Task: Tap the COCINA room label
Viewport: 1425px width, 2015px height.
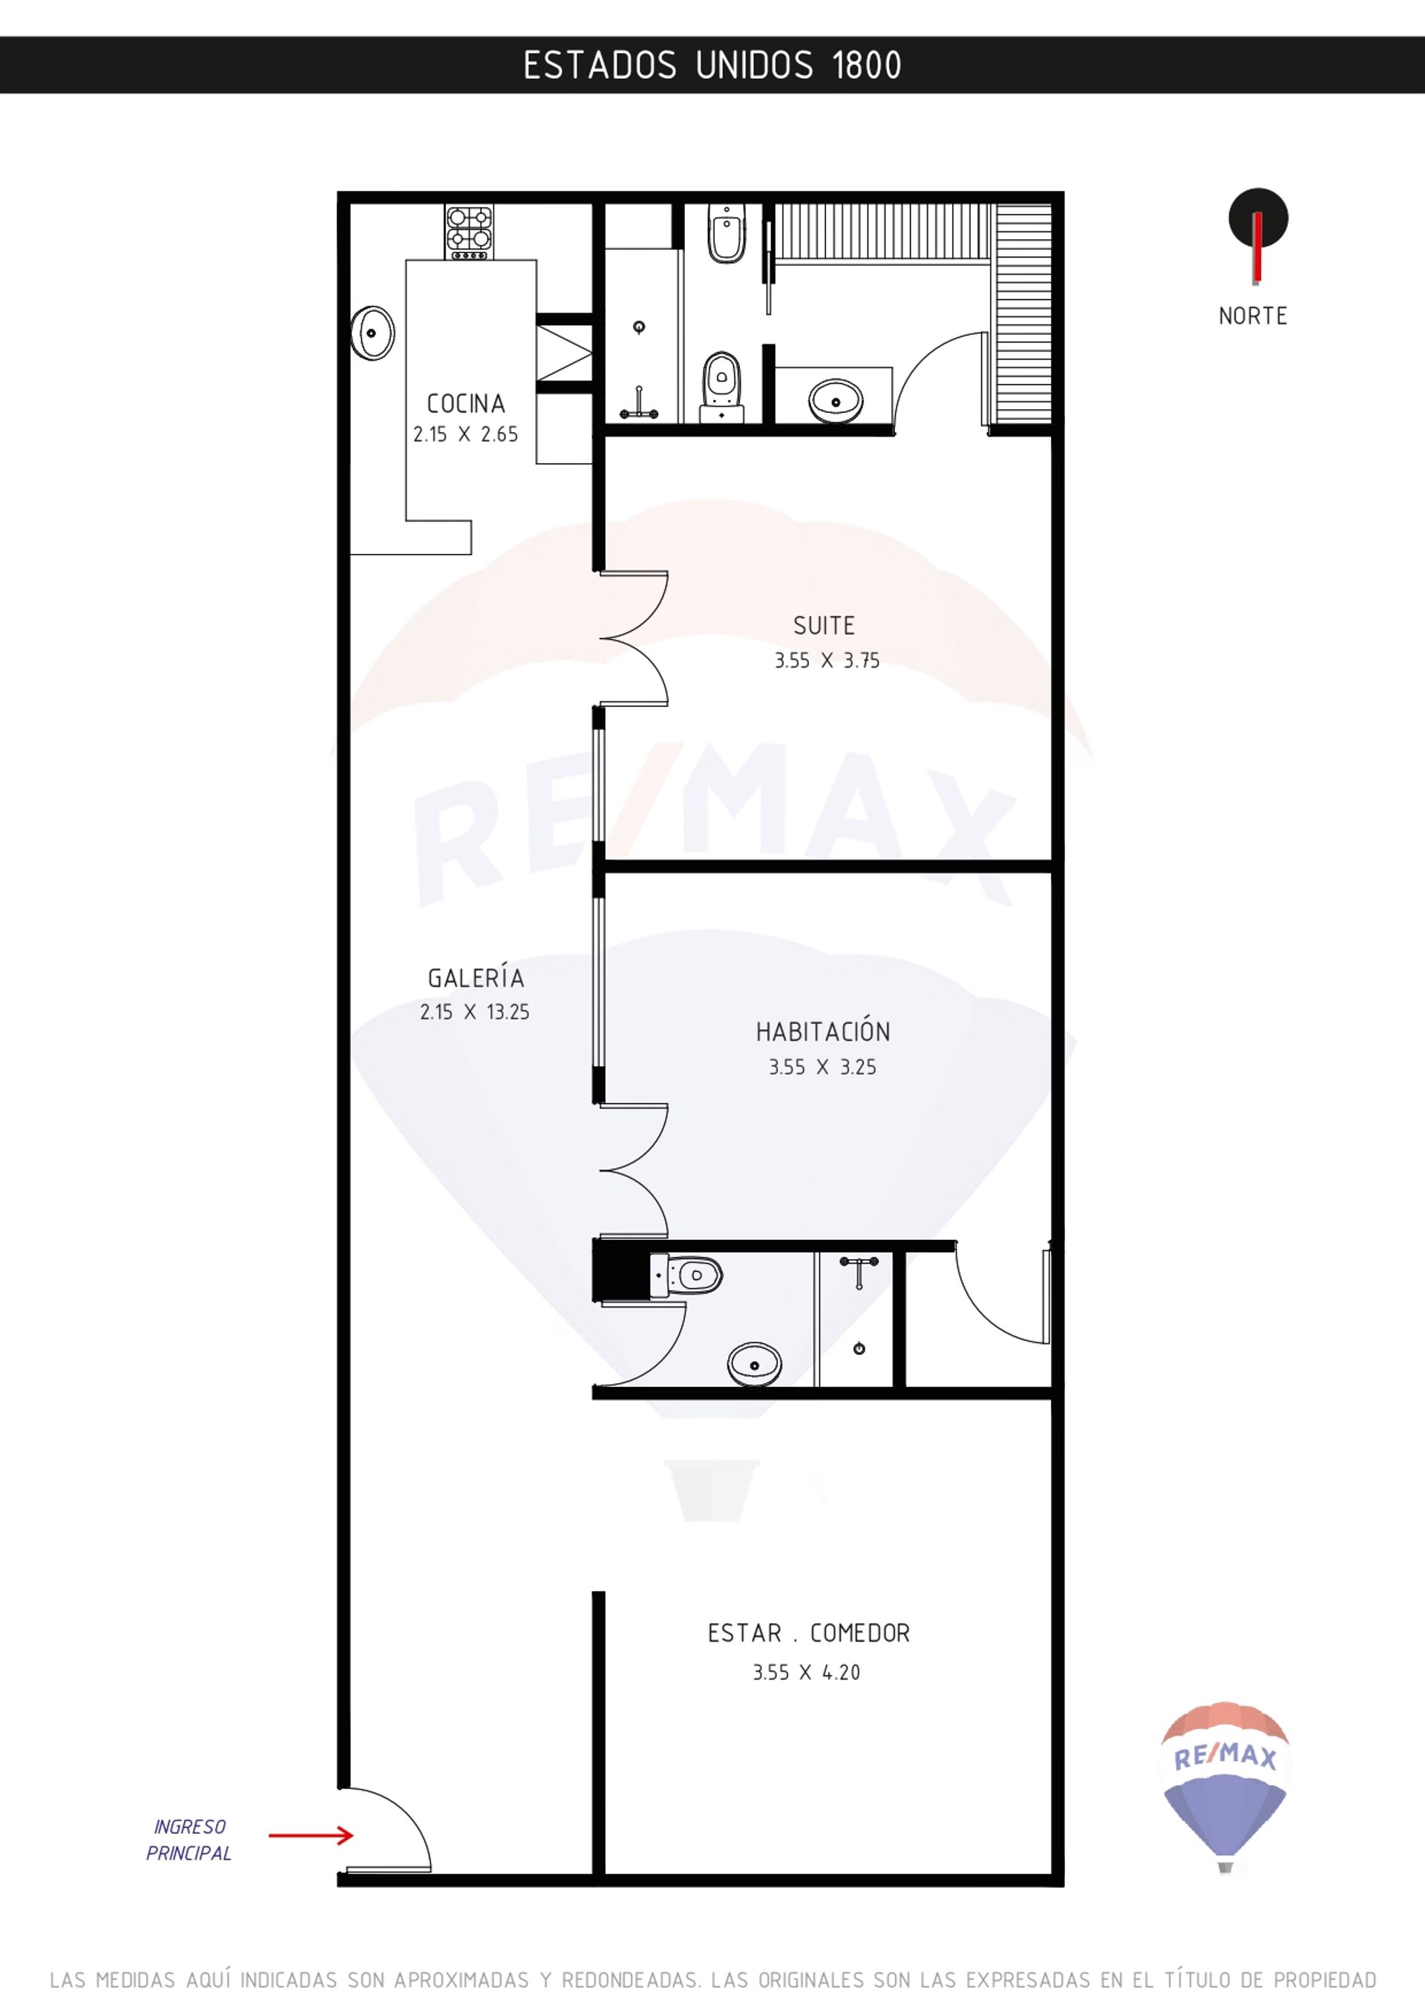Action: point(466,404)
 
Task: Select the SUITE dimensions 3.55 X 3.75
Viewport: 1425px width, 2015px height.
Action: point(827,661)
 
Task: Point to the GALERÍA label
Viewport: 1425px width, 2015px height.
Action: point(476,977)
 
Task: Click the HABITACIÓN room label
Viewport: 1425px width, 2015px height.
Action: point(823,1031)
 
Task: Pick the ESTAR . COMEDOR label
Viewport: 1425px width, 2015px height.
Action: point(809,1633)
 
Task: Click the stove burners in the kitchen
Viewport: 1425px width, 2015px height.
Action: point(470,232)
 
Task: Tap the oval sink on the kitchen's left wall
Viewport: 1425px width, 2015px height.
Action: point(373,333)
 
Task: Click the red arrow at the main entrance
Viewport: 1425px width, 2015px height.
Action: point(311,1835)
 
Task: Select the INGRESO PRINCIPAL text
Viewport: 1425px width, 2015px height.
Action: point(189,1841)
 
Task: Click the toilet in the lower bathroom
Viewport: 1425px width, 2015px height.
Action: point(687,1274)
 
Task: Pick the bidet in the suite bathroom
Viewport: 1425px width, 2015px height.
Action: point(727,235)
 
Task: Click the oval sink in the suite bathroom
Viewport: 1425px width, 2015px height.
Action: point(836,401)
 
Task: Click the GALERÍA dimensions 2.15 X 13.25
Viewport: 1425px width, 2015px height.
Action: point(475,1012)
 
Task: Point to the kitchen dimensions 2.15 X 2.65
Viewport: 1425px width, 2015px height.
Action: point(466,434)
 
